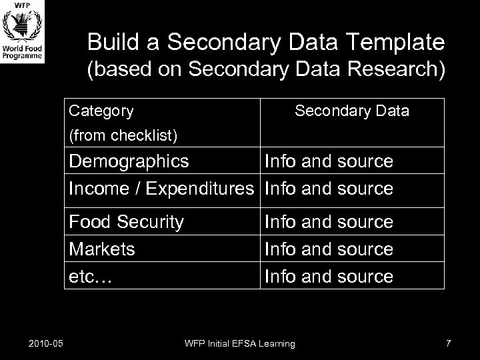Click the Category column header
click(x=101, y=111)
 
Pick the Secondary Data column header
click(x=352, y=111)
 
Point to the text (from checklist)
click(x=123, y=136)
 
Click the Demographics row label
click(x=129, y=161)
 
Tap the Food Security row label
click(x=126, y=221)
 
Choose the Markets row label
click(x=102, y=249)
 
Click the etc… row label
click(x=91, y=277)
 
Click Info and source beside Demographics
click(x=329, y=161)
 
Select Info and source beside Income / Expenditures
click(x=329, y=189)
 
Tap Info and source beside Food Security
click(x=329, y=221)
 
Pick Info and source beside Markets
click(x=329, y=249)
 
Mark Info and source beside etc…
click(x=329, y=277)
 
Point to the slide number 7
click(x=448, y=343)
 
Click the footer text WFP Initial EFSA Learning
click(x=240, y=343)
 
